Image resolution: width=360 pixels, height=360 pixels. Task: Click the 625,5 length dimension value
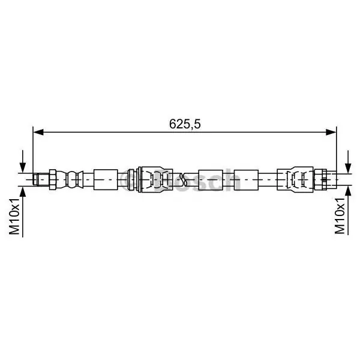185,124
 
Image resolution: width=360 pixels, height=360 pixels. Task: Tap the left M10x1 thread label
14,217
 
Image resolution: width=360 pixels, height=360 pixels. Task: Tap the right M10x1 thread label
340,216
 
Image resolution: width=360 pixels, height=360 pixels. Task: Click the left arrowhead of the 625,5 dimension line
38,132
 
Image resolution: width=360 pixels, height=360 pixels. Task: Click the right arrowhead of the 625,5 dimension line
331,132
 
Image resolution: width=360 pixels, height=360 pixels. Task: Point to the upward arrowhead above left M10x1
23,192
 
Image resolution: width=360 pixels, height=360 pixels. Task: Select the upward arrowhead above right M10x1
348,192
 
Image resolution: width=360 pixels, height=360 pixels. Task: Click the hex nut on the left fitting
53,179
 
